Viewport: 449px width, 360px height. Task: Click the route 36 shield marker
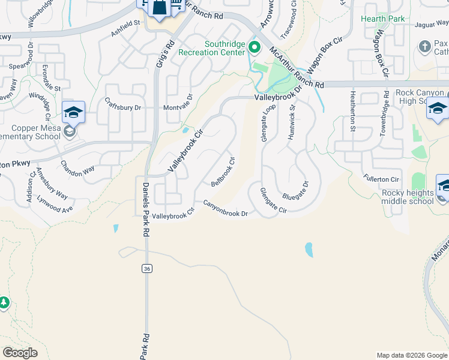click(146, 269)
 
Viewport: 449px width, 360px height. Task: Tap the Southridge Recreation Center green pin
click(254, 47)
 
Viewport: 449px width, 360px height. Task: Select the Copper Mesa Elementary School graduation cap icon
click(73, 112)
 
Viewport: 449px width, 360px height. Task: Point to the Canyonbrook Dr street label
click(225, 208)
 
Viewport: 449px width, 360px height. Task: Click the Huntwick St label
click(292, 123)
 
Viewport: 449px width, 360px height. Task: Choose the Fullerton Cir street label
click(381, 179)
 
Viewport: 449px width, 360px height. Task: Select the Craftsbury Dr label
click(122, 107)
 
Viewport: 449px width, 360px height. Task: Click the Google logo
click(20, 353)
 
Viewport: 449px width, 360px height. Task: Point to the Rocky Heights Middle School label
click(408, 197)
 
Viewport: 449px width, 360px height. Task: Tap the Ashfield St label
click(125, 27)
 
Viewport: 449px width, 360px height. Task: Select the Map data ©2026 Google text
click(411, 355)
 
